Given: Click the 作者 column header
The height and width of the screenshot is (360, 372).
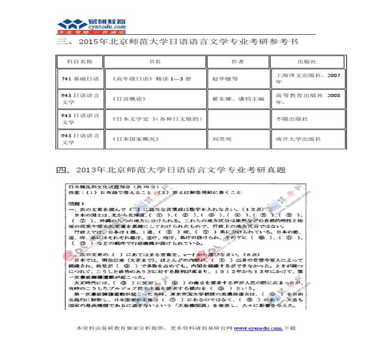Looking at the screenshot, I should [237, 62].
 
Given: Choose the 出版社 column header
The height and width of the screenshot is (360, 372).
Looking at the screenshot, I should [307, 62].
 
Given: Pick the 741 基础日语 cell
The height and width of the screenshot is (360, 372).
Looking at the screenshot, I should [80, 79].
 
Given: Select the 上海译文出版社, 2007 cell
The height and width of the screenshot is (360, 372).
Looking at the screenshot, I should [308, 78].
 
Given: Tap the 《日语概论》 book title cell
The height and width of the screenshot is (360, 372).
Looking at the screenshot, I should [129, 99].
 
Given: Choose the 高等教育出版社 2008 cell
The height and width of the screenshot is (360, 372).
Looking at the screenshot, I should [308, 99].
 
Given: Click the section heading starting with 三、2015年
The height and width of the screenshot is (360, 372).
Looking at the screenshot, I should [177, 42].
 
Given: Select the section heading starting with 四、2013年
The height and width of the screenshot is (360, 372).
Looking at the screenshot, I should [171, 170].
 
